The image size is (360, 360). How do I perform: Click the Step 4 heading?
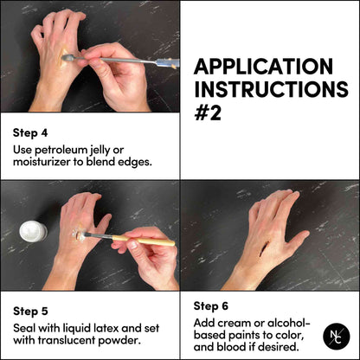point(32,133)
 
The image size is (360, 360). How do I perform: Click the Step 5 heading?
point(32,309)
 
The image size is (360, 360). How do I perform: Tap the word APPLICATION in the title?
point(263,67)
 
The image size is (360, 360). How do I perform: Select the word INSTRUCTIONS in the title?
point(269,89)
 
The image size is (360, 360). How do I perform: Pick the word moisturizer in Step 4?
point(43,162)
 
